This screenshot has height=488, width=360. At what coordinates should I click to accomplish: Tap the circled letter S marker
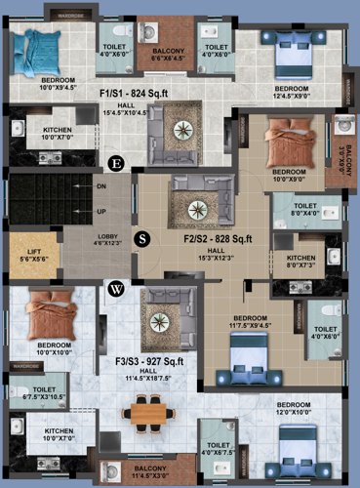pyautogui.click(x=143, y=237)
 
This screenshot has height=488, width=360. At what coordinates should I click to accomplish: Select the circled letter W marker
pyautogui.click(x=117, y=288)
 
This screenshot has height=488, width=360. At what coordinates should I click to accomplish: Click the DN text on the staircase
pyautogui.click(x=100, y=184)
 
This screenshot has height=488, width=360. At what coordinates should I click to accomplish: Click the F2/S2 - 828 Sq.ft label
pyautogui.click(x=218, y=237)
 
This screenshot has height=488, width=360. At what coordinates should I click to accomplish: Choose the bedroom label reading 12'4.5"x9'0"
pyautogui.click(x=291, y=93)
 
